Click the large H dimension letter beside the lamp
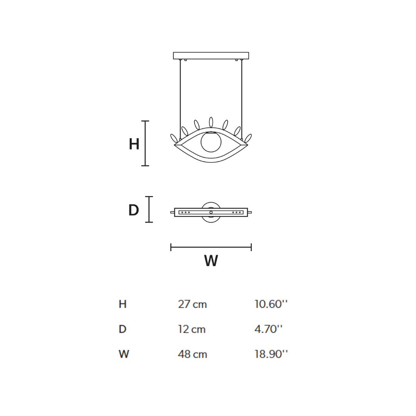134,144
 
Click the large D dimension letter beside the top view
133,211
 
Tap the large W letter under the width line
211,261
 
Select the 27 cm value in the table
192,304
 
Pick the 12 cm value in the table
191,329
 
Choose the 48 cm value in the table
192,354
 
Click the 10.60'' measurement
271,304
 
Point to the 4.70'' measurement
268,329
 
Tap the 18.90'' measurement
271,354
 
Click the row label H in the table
122,304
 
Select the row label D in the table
122,329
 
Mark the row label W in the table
124,354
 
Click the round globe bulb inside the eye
211,142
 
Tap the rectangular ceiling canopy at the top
211,55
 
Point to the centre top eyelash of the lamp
211,122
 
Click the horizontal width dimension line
211,247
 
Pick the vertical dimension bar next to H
145,143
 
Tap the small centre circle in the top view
211,212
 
